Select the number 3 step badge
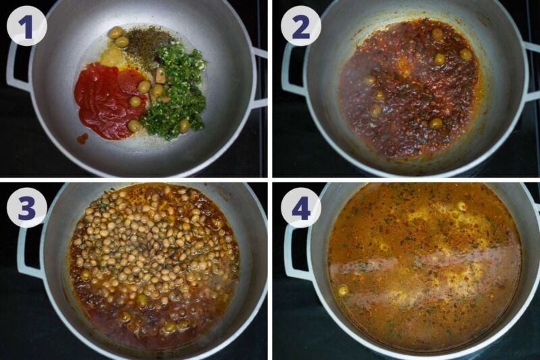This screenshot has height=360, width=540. pyautogui.click(x=26, y=207)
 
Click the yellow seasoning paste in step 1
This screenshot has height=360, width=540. pyautogui.click(x=111, y=57)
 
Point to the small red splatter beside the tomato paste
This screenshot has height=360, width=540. pyautogui.click(x=82, y=138)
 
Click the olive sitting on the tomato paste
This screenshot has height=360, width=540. pyautogui.click(x=136, y=101)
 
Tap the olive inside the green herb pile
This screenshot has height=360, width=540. pyautogui.click(x=184, y=124)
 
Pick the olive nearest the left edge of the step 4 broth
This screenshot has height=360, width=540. pyautogui.click(x=343, y=290)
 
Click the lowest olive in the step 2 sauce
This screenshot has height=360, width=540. pyautogui.click(x=436, y=123)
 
